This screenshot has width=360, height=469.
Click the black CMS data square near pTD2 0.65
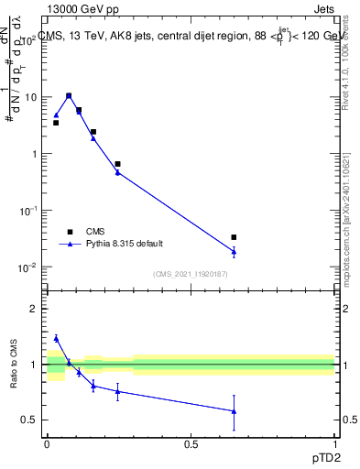[x=234, y=237]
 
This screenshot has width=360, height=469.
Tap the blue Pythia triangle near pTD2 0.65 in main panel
[x=234, y=252]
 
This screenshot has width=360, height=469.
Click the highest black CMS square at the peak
[x=69, y=95]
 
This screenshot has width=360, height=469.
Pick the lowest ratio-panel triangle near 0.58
[x=234, y=411]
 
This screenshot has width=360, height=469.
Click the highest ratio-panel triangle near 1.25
[x=56, y=338]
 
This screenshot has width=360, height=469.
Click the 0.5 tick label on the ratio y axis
[x=32, y=420]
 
